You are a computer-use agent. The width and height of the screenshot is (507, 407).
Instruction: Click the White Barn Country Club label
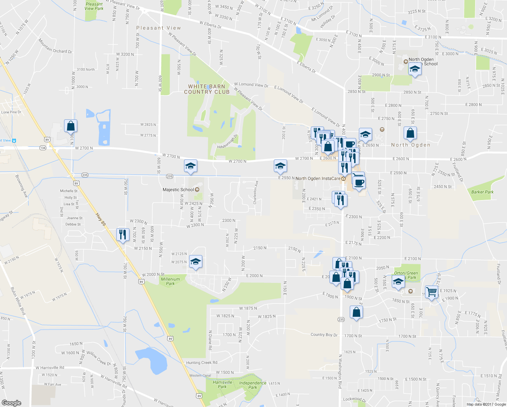click(x=207, y=89)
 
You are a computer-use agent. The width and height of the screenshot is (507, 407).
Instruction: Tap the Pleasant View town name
click(x=159, y=28)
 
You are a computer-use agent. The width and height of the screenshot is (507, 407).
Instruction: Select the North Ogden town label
click(x=410, y=145)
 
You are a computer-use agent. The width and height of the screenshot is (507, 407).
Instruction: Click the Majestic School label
click(x=178, y=190)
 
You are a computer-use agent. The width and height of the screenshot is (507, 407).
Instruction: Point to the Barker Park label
click(x=482, y=192)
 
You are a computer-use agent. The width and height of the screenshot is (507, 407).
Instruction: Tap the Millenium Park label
click(x=170, y=281)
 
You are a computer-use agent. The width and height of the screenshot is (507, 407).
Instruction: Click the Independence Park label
click(x=252, y=385)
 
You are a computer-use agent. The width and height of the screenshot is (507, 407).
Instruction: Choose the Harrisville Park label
click(x=222, y=384)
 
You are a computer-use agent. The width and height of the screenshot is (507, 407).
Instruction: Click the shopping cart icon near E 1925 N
click(x=431, y=291)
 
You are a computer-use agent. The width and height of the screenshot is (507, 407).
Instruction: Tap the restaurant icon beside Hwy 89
click(x=123, y=234)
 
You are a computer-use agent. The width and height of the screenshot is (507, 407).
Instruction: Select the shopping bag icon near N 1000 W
click(x=70, y=126)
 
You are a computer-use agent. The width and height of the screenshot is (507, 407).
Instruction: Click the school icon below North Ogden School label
click(x=415, y=70)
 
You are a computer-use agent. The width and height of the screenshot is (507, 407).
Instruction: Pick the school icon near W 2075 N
click(x=196, y=261)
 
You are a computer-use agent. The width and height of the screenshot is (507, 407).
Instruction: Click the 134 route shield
click(x=43, y=148)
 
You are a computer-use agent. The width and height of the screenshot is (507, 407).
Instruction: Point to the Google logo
click(x=11, y=403)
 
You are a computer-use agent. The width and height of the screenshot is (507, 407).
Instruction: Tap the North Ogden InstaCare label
click(x=318, y=178)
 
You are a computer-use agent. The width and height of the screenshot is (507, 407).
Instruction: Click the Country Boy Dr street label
click(x=324, y=335)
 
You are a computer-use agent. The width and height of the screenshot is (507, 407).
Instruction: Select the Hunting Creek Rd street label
click(x=202, y=363)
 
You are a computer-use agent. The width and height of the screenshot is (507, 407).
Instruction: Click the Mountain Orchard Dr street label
click(x=55, y=46)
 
